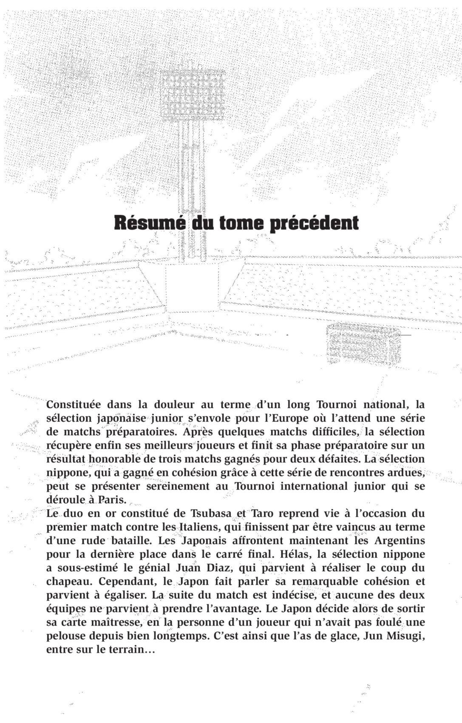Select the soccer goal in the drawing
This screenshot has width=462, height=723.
point(363,343)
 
